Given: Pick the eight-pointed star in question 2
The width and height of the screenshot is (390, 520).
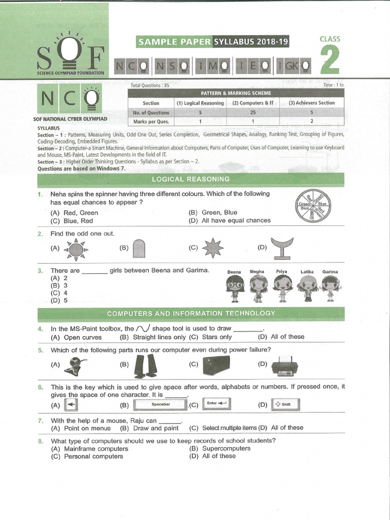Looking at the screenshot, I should pos(212,248).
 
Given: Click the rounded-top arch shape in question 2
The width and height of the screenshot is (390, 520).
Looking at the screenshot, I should pos(139,249).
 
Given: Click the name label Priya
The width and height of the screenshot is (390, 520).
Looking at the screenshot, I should pos(281,272).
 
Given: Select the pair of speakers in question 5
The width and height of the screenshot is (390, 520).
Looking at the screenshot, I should pos(145,366).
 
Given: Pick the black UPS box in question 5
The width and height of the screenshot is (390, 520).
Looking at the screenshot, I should pos(215,365).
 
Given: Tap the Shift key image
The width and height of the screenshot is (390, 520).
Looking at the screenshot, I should pos(285,404).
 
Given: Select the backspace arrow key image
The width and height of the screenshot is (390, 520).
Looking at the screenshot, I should pos(72,405).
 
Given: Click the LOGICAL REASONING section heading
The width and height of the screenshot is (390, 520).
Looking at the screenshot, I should pos(191,179).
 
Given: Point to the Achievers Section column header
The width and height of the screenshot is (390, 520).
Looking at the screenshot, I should pos(311,103).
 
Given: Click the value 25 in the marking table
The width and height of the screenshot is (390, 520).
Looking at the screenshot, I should pos(252,112).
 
